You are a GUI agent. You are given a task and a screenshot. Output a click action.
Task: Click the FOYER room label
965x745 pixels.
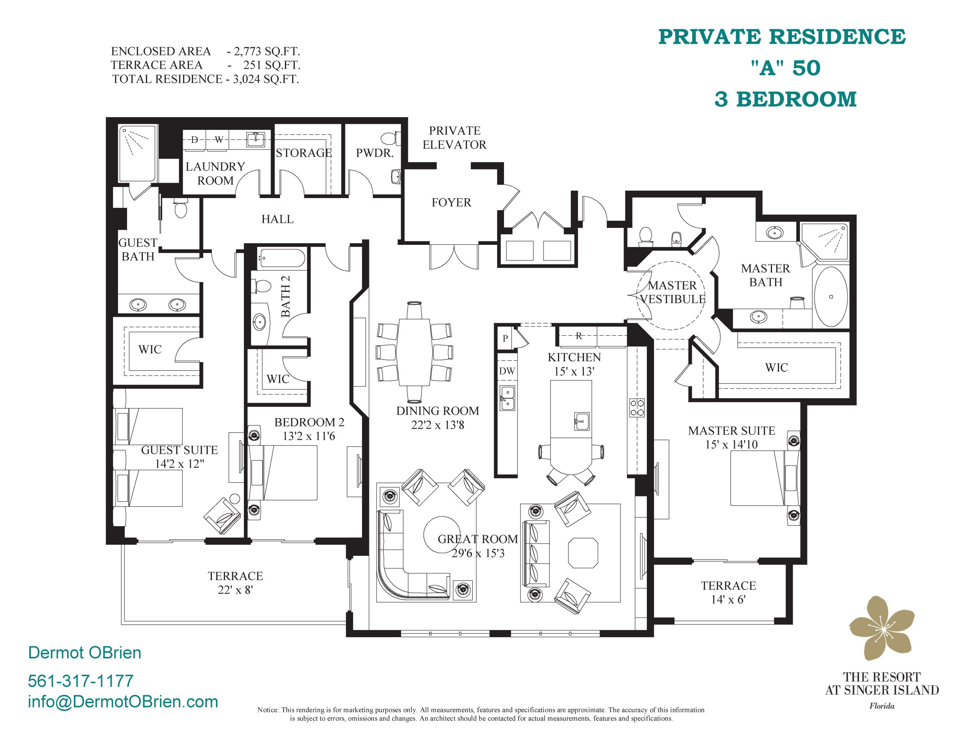coord(451,202)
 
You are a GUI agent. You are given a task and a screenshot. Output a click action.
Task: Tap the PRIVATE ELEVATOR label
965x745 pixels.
coord(455,138)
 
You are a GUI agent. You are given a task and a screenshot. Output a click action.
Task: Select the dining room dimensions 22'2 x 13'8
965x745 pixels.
coord(437,425)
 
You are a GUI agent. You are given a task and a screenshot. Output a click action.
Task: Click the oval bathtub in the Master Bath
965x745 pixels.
coord(831,296)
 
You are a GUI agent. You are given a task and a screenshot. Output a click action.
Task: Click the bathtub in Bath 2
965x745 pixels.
coord(282,258)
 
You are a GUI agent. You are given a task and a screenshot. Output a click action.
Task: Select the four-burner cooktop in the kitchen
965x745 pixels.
coord(637,408)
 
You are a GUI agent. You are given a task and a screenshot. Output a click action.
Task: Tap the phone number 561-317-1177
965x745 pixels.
coord(80,681)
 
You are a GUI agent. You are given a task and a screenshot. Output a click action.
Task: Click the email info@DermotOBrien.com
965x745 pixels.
coord(123,702)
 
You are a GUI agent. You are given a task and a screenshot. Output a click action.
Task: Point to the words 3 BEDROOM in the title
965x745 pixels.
coord(785,99)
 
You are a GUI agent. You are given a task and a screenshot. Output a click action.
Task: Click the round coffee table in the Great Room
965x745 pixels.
coord(442,535)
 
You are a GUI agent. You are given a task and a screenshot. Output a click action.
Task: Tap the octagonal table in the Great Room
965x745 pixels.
coord(583,553)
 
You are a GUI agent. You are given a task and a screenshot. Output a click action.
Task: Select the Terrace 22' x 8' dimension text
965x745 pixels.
coord(235,590)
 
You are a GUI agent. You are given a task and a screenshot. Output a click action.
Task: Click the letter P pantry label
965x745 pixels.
coord(505,339)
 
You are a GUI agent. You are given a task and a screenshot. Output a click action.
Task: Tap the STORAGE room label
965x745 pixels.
coord(303,153)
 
